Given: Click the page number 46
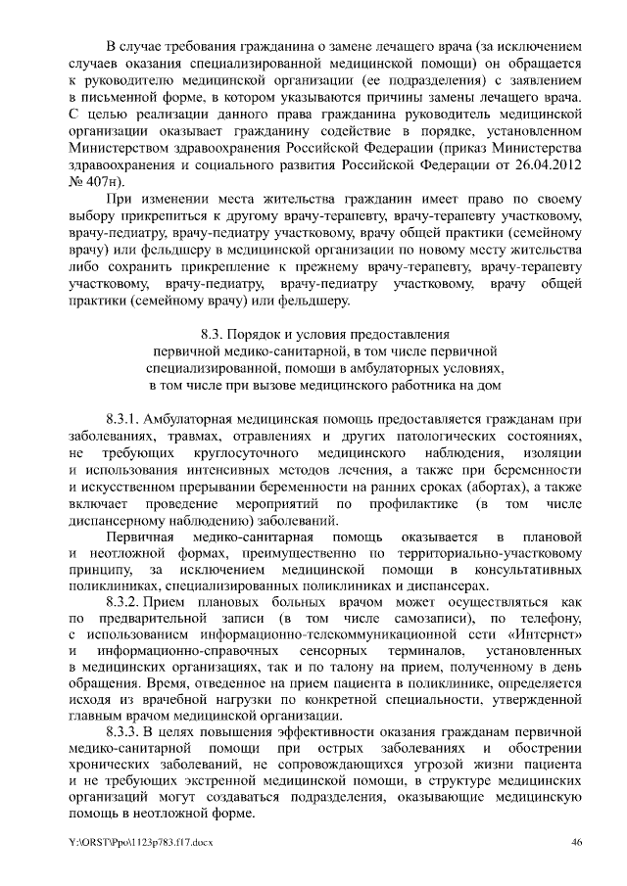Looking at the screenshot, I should [577, 841].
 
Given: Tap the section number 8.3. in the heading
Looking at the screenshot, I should [216, 333].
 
